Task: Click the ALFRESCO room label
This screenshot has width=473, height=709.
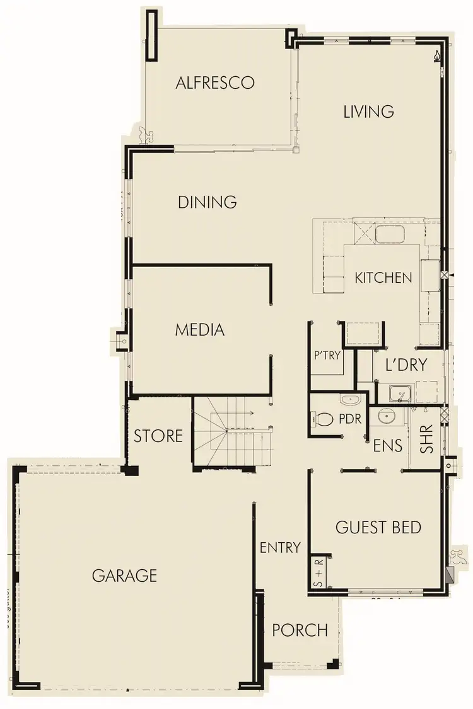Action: [215, 82]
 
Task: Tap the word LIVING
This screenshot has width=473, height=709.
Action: [369, 111]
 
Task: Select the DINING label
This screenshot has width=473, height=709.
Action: [207, 202]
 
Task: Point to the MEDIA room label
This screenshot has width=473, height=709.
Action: [200, 329]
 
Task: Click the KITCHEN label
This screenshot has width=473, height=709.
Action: [383, 278]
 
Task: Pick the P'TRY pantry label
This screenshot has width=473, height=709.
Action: [327, 355]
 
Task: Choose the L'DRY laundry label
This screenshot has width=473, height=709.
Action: [407, 365]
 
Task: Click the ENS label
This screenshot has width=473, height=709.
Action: [388, 445]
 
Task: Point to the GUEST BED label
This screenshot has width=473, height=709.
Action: [378, 527]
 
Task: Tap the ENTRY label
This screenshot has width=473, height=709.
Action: [280, 547]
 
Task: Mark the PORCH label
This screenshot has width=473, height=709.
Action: [300, 630]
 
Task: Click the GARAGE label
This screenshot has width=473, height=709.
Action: [124, 575]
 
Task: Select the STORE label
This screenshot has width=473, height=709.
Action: [158, 436]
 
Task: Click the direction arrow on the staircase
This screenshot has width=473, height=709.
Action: [250, 414]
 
